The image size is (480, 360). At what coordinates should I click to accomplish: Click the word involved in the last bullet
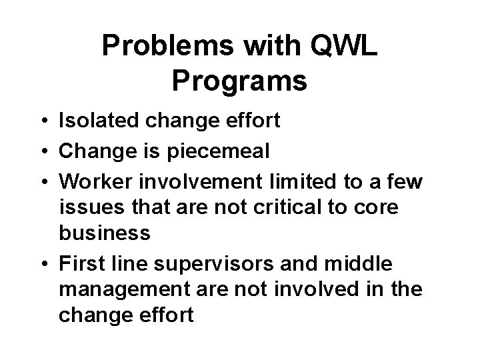(330, 289)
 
